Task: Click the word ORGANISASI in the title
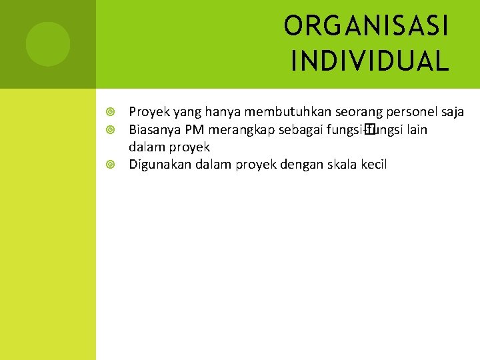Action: click(367, 27)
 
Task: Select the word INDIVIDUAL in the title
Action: click(370, 62)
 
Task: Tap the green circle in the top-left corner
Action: click(48, 44)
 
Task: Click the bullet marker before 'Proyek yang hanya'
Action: click(111, 112)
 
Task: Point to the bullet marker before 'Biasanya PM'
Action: click(111, 129)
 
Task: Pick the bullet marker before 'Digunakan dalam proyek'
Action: click(111, 165)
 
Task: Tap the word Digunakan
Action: click(159, 165)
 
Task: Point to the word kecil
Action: click(373, 165)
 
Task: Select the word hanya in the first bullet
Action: click(193, 112)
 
